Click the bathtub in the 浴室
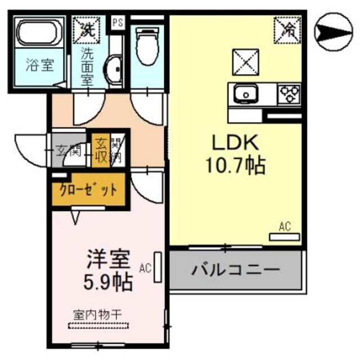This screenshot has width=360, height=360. click(x=38, y=34)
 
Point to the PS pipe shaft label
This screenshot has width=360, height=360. click(x=118, y=22)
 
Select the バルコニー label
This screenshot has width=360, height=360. click(x=236, y=271)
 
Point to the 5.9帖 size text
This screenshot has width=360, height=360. click(x=109, y=281)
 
